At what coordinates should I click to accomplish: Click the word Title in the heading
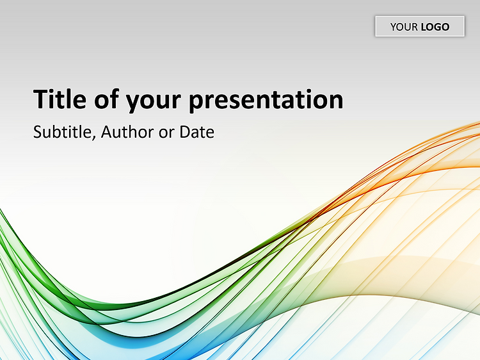click(x=60, y=99)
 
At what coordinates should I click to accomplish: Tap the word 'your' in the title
click(x=154, y=102)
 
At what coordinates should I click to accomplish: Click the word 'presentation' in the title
click(x=266, y=101)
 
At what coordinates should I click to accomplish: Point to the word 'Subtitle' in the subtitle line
click(x=63, y=132)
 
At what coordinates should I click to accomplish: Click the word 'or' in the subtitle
click(x=166, y=134)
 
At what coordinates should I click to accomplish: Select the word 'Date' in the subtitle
click(x=197, y=132)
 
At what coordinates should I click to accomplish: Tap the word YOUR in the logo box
click(x=404, y=27)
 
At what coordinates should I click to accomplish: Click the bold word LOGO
click(x=435, y=27)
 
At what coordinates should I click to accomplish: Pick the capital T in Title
click(x=40, y=99)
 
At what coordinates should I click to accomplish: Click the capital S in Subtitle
click(x=37, y=132)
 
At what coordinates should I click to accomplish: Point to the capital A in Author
click(x=106, y=132)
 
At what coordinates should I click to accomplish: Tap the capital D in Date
click(x=185, y=132)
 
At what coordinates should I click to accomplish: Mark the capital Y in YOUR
click(x=394, y=27)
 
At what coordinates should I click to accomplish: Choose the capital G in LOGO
click(x=435, y=27)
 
